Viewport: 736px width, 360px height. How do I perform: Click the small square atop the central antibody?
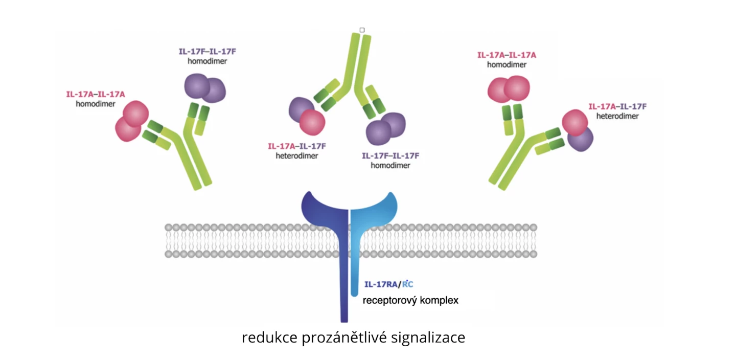coord(362,30)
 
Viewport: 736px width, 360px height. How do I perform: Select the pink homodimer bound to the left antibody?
coord(131,121)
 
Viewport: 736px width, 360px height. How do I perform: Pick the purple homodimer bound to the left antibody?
coord(205,88)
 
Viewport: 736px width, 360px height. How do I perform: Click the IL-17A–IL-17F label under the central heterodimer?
coord(297,146)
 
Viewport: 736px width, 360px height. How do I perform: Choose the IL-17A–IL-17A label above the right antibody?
coord(507,55)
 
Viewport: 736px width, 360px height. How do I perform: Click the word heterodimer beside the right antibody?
coord(617,116)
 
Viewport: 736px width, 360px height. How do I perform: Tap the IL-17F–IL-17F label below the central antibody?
coord(391,156)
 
